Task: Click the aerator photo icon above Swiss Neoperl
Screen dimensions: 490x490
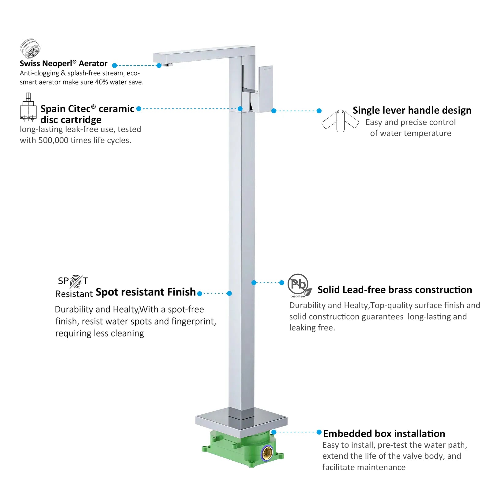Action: click(x=30, y=48)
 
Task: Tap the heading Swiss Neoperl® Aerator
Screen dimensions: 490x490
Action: click(x=63, y=63)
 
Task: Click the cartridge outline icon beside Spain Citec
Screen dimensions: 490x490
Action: click(x=28, y=107)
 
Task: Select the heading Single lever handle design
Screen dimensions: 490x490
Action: click(x=412, y=110)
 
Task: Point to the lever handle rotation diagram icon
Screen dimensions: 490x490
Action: click(x=340, y=121)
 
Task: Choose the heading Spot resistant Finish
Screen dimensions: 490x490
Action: click(x=145, y=292)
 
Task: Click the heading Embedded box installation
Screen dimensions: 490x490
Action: click(x=384, y=434)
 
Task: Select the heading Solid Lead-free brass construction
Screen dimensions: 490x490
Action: click(x=395, y=290)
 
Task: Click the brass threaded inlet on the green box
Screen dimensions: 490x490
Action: click(x=268, y=453)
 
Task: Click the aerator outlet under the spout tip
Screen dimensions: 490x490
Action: click(x=167, y=65)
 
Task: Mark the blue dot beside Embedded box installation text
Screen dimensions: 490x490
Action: click(x=319, y=432)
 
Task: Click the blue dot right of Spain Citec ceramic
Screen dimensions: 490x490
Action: click(x=139, y=109)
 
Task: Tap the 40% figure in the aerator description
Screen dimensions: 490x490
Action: click(x=101, y=82)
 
